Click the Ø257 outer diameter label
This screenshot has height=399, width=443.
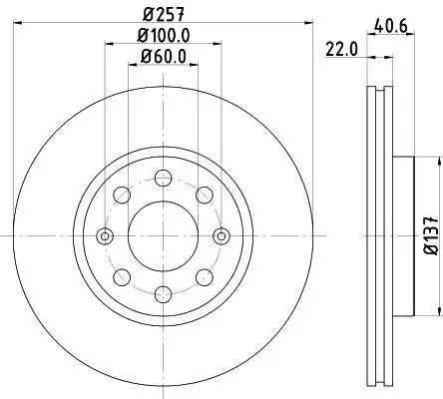point(162,14)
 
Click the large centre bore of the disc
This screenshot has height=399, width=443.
point(162,236)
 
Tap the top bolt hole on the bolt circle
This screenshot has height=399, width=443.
point(162,180)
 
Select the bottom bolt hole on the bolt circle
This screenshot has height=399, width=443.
point(162,293)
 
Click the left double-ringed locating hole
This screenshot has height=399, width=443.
point(105,236)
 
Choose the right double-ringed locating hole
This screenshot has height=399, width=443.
point(219,236)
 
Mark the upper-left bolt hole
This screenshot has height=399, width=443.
point(122,196)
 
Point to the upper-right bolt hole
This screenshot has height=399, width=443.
point(203,196)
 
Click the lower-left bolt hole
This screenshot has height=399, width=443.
point(122,277)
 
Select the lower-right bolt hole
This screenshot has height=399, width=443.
point(203,277)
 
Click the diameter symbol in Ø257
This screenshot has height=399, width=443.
point(146,14)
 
